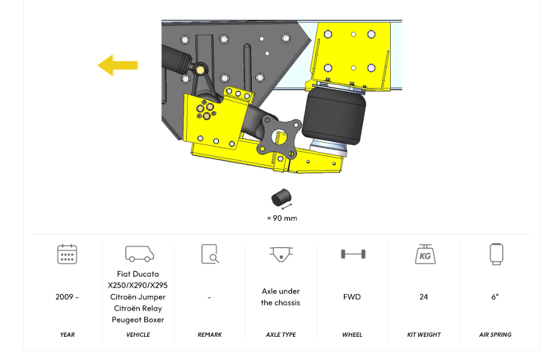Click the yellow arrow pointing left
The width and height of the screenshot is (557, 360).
pyautogui.click(x=118, y=65)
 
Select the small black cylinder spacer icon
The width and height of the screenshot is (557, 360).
pyautogui.click(x=281, y=198)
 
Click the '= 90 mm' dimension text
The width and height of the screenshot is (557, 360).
pyautogui.click(x=281, y=218)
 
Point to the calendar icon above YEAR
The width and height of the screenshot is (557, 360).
pyautogui.click(x=67, y=254)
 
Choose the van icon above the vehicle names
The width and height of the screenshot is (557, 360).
pyautogui.click(x=139, y=253)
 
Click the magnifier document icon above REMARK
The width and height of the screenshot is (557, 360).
pyautogui.click(x=210, y=254)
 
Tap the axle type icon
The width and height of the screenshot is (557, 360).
pyautogui.click(x=281, y=253)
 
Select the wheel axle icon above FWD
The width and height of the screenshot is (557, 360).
pyautogui.click(x=353, y=254)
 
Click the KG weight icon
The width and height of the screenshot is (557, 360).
pyautogui.click(x=424, y=254)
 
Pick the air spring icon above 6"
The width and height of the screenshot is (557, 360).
pyautogui.click(x=496, y=254)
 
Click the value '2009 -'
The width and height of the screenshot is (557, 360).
pyautogui.click(x=67, y=297)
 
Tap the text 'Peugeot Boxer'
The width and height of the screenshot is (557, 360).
pyautogui.click(x=138, y=320)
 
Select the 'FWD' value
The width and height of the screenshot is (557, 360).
pyautogui.click(x=352, y=297)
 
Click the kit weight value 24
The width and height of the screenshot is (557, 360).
pyautogui.click(x=423, y=297)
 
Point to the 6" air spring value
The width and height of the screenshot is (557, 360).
pyautogui.click(x=495, y=297)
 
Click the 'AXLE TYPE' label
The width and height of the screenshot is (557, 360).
pyautogui.click(x=281, y=335)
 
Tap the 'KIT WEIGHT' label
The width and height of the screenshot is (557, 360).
pyautogui.click(x=423, y=335)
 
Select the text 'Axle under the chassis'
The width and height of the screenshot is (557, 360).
pyautogui.click(x=281, y=297)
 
